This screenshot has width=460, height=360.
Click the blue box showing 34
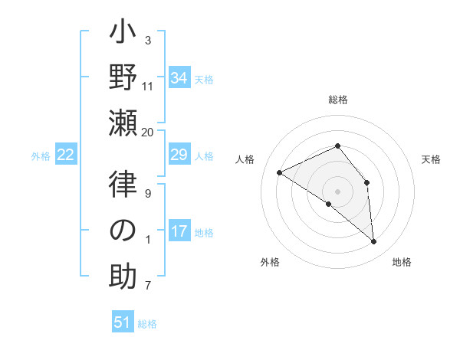click(x=179, y=78)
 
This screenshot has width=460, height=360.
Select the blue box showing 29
click(x=179, y=155)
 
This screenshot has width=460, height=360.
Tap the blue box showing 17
click(x=179, y=231)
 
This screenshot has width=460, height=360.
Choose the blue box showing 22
click(x=66, y=155)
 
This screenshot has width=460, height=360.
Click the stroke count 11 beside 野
click(x=148, y=87)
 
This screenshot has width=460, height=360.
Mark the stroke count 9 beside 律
click(x=148, y=194)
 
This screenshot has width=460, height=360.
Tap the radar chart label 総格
click(x=337, y=100)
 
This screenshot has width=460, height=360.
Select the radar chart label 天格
click(x=431, y=159)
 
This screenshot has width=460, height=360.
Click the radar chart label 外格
click(x=270, y=263)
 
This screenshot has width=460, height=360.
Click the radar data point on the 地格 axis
click(x=373, y=242)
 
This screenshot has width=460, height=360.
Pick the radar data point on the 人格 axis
click(x=280, y=173)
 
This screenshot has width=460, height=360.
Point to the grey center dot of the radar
click(x=337, y=191)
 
